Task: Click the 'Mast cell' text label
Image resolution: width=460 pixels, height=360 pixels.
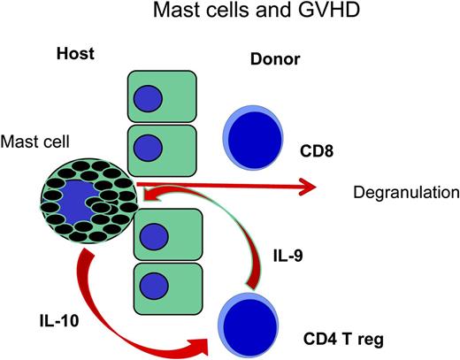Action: pos(37,141)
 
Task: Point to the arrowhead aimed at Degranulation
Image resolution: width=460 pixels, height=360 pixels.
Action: pos(308,186)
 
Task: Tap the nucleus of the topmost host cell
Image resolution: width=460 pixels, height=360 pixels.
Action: pos(147,97)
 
